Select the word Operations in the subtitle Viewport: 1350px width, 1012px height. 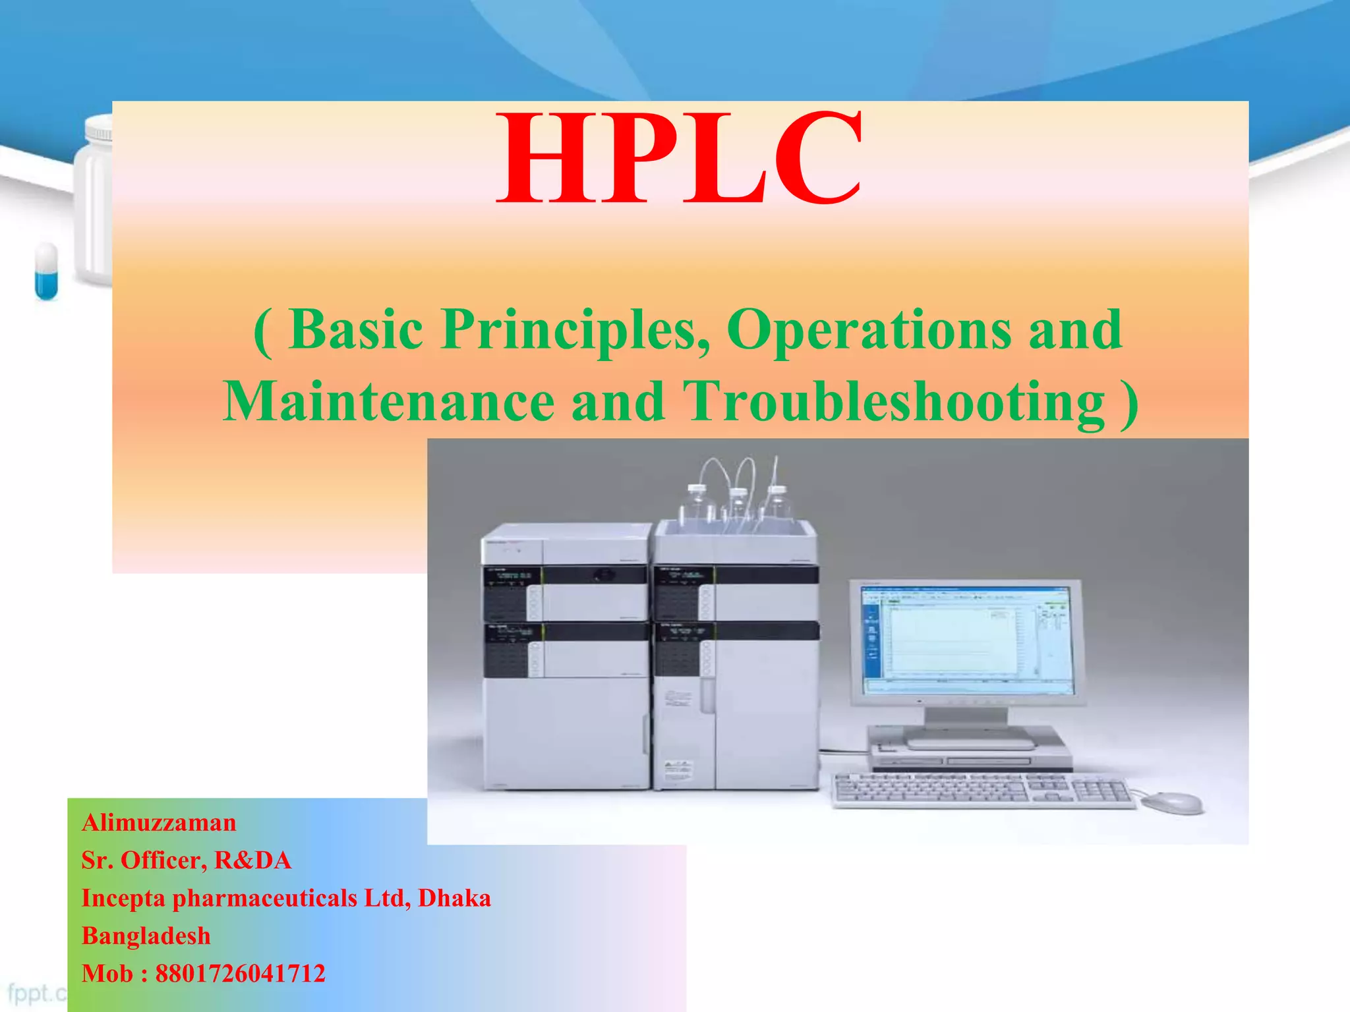click(868, 329)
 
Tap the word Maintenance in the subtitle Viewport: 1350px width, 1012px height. click(389, 402)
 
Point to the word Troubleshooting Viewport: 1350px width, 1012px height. click(893, 402)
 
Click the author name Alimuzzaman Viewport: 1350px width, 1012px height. click(159, 823)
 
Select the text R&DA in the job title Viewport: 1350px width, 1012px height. click(252, 860)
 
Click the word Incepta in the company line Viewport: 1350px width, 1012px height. click(123, 899)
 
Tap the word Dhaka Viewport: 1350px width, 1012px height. click(454, 898)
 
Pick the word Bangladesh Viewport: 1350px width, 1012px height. click(146, 936)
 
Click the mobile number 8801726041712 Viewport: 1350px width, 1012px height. click(240, 974)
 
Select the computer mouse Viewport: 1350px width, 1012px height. click(1171, 802)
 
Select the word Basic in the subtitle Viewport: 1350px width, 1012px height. click(356, 329)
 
